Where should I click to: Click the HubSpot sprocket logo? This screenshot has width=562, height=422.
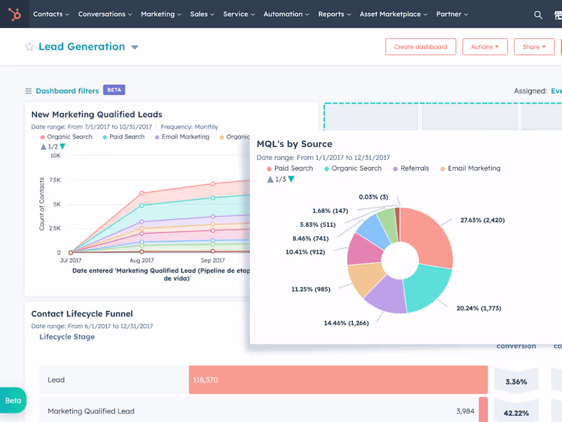coord(15,14)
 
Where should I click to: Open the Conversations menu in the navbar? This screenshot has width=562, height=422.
coord(105,14)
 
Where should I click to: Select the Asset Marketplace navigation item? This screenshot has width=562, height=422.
coord(393,14)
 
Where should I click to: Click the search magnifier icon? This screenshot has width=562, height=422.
coord(538,15)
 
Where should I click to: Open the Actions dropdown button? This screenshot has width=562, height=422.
coord(485,47)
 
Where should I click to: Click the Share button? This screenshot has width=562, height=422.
coord(534,47)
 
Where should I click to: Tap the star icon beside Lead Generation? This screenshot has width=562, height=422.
coord(29,47)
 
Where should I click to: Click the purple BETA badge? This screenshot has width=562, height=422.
coord(114,90)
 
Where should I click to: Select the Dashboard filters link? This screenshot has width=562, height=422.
coord(67,91)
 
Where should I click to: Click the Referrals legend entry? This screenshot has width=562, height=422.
coord(414,168)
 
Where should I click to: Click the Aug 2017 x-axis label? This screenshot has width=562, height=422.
coord(142,260)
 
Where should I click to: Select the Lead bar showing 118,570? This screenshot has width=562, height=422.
coord(338,380)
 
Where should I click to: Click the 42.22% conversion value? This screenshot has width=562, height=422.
coord(516,413)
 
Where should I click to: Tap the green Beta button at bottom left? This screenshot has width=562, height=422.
coord(13,401)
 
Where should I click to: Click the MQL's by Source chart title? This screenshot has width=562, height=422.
coord(294,144)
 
